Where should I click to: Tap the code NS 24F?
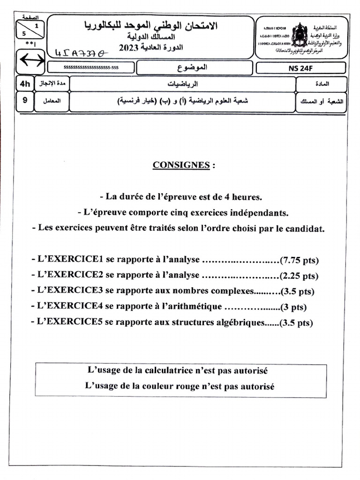(x=301, y=68)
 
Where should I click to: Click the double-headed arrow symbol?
(x=31, y=60)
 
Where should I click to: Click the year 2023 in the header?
(x=129, y=47)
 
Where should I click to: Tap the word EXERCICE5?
(x=68, y=322)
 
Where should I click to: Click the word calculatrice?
(x=176, y=370)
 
